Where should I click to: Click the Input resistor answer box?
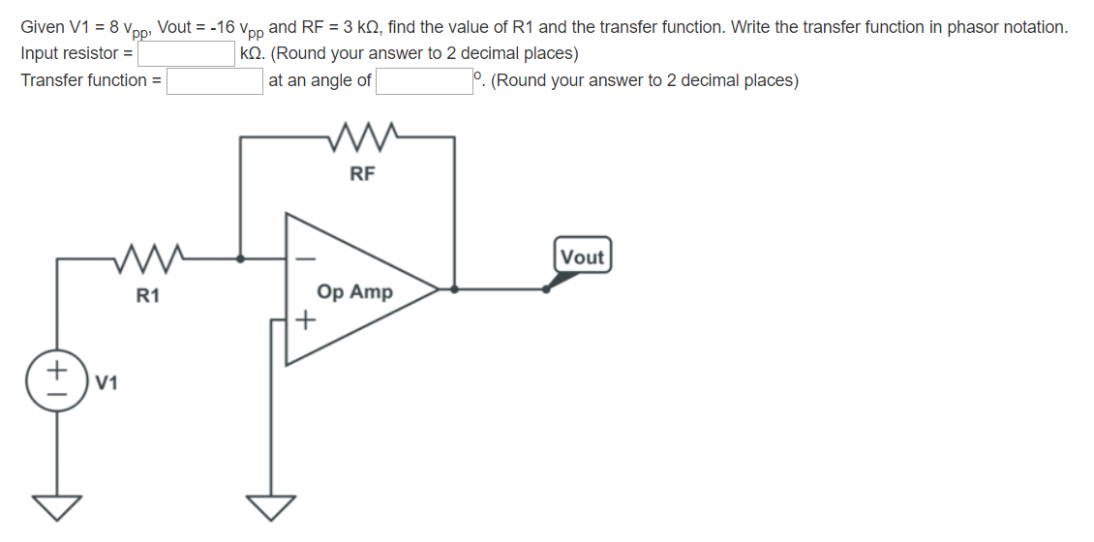point(187,53)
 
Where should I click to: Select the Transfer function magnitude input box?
point(215,80)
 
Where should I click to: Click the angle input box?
point(423,80)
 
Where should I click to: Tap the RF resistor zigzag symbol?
point(359,137)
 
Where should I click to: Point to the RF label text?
point(361,174)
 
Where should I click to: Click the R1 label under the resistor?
point(147,296)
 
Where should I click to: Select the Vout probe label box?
point(582,256)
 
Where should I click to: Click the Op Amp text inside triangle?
point(354,291)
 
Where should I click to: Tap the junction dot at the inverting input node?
point(241,258)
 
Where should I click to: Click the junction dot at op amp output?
point(455,288)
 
